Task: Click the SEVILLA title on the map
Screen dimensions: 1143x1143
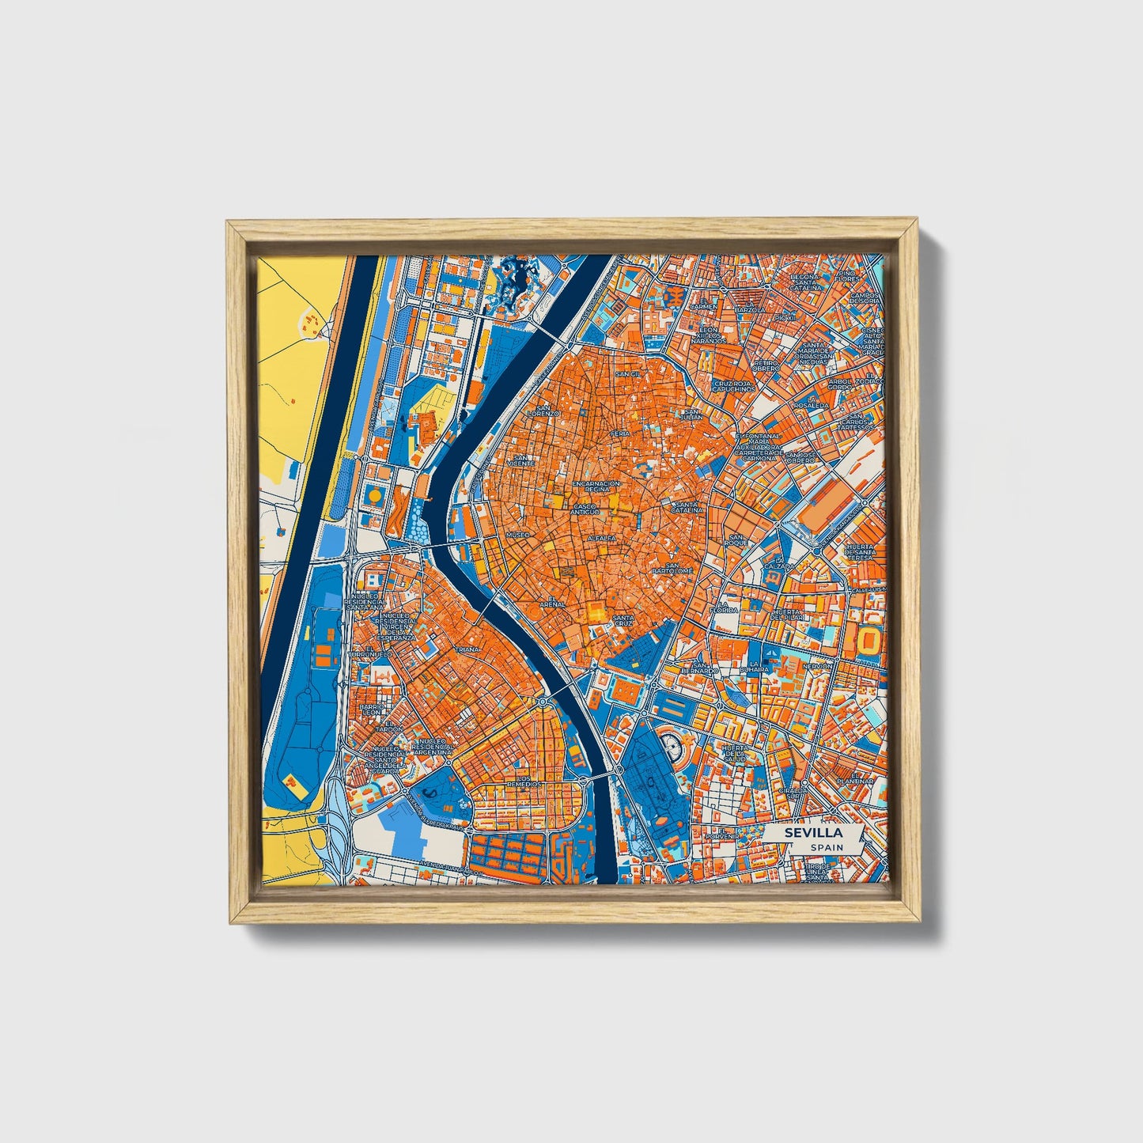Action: pos(812,833)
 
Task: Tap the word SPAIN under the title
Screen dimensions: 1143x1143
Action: pos(825,847)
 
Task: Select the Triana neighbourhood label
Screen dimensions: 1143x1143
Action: pos(467,649)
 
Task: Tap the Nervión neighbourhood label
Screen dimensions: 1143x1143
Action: pos(816,666)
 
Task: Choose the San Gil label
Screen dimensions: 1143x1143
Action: pos(628,373)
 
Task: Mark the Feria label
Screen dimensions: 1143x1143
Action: pos(619,434)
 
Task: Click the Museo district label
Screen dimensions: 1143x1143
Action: pos(517,535)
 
